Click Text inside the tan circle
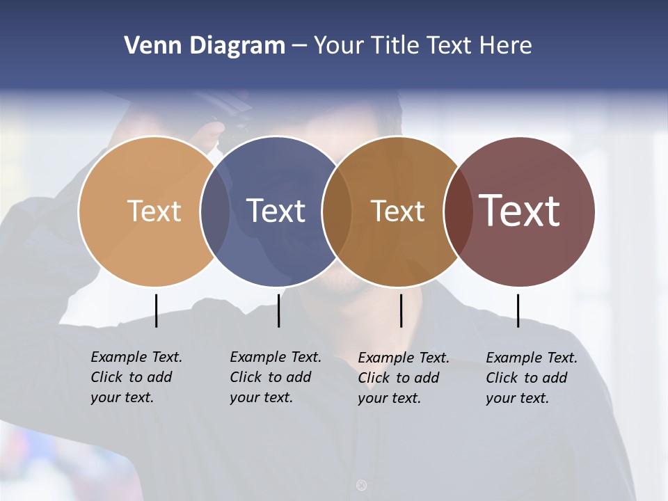[154, 211]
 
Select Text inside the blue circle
[276, 211]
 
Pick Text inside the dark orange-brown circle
[397, 211]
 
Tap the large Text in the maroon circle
[519, 211]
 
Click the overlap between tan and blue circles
[215, 211]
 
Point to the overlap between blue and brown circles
[337, 211]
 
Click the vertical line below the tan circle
[156, 310]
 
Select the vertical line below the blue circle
[278, 310]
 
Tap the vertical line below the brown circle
[401, 310]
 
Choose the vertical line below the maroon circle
[518, 310]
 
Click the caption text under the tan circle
[136, 377]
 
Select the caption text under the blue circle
[275, 377]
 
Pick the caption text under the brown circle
[403, 378]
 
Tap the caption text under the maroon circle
[531, 378]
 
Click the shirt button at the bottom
[361, 485]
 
